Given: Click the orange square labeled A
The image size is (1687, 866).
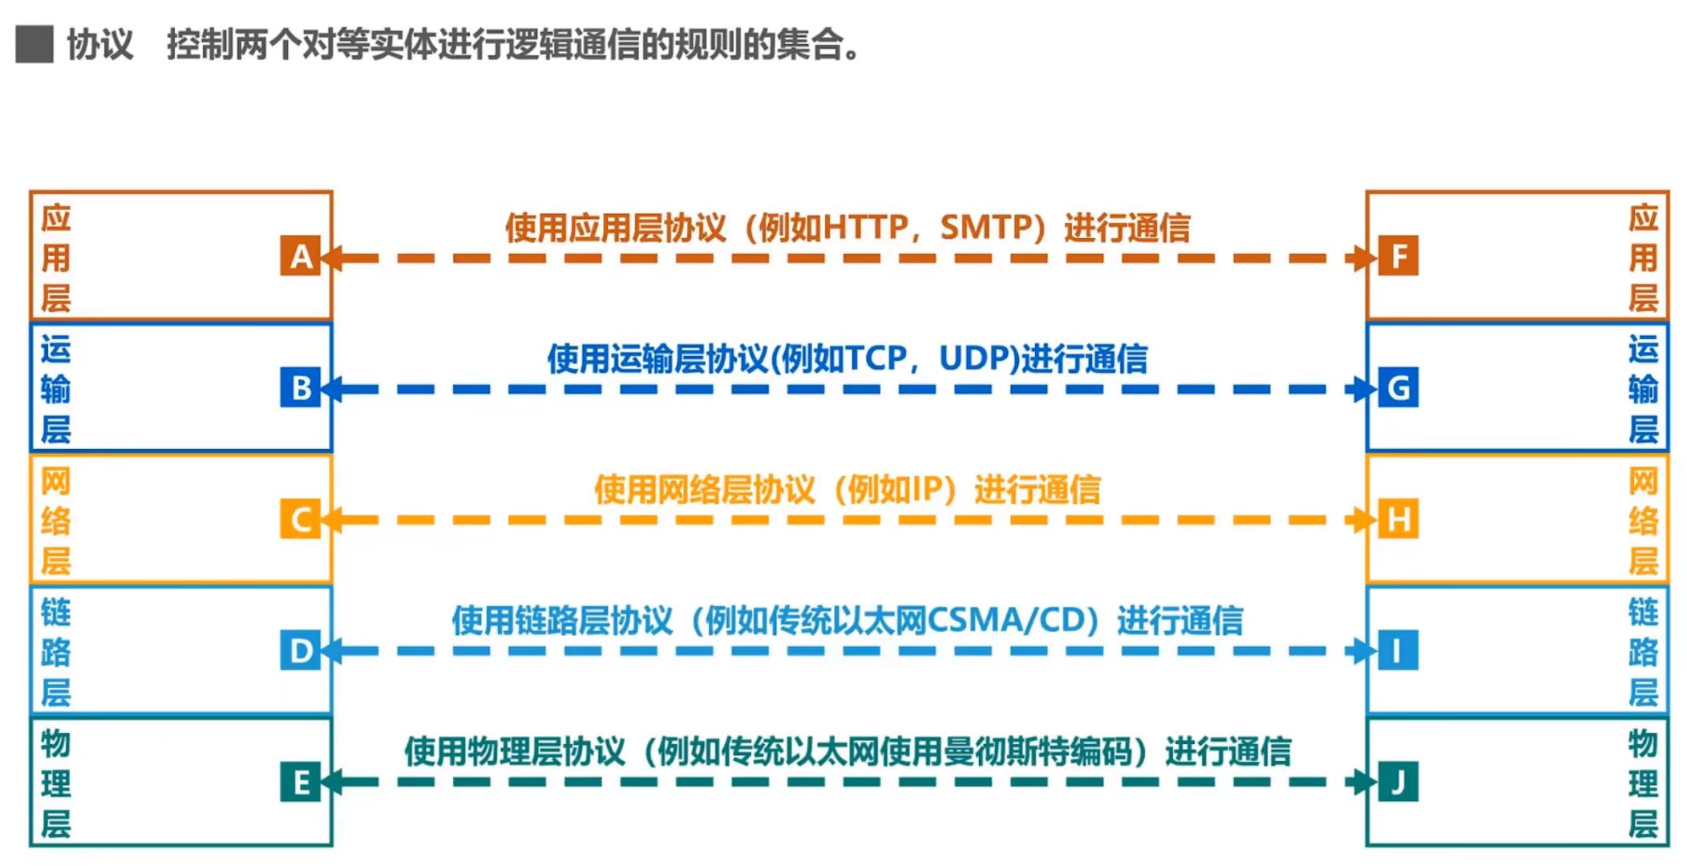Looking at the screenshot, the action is point(300,256).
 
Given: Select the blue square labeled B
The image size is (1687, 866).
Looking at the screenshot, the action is point(300,387).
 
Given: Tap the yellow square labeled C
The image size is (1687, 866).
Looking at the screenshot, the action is point(300,519).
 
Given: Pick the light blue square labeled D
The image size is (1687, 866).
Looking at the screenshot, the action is point(300,650).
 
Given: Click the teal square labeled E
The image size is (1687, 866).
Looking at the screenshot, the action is point(300,782).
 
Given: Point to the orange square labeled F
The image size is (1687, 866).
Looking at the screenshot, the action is point(1398,256).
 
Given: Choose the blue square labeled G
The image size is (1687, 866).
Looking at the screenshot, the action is point(1398,387).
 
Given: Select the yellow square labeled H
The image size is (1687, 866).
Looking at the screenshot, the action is point(1398,519).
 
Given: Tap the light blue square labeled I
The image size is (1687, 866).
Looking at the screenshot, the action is point(1398,650).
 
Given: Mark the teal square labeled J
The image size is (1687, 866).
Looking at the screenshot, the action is point(1398,782).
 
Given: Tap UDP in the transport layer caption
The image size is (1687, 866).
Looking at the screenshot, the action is point(977,358).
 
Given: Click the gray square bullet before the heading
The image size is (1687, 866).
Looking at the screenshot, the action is point(34,44).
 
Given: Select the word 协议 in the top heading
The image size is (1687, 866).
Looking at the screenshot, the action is point(99,44).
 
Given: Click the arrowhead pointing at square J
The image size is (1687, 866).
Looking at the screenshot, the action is point(1361,782).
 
